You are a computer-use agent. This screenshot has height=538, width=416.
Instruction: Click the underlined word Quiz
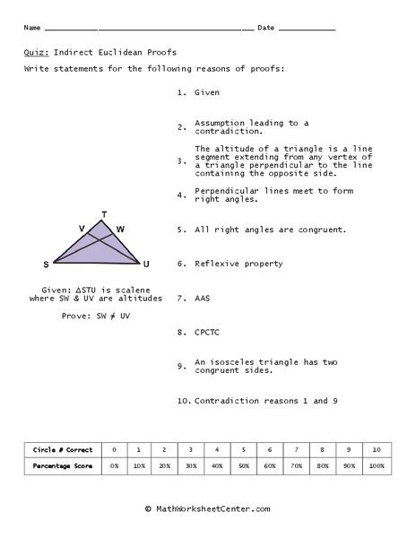[x=36, y=52]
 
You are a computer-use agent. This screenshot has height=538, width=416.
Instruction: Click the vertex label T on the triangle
[x=104, y=214]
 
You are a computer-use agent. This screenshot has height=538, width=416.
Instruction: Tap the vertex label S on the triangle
[x=46, y=265]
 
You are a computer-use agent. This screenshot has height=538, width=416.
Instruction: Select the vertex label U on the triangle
[x=146, y=265]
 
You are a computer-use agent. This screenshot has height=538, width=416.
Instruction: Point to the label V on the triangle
[x=82, y=230]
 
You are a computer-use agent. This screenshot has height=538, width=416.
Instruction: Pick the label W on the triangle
[x=120, y=230]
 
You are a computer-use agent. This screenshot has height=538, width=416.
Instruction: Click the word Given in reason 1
[x=207, y=92]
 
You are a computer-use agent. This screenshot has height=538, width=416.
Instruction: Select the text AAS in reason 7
[x=204, y=298]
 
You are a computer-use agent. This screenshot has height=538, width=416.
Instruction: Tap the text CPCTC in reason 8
[x=207, y=332]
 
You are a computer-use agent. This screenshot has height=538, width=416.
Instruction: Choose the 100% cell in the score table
[x=377, y=466]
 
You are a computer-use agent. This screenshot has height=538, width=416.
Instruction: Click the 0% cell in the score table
[x=114, y=466]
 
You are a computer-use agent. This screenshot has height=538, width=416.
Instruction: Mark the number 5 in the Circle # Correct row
[x=244, y=448]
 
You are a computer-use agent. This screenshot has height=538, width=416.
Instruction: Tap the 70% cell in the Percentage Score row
[x=296, y=466]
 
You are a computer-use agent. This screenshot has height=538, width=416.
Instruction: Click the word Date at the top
[x=266, y=28]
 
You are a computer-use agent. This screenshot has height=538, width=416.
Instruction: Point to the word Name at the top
[x=32, y=28]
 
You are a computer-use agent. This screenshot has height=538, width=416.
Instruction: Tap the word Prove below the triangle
[x=77, y=316]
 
